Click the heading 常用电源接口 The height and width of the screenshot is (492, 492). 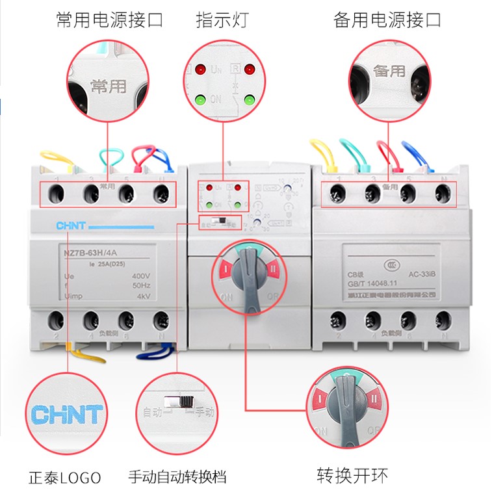109,20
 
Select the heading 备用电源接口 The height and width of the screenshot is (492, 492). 387,20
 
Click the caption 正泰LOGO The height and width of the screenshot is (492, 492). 65,478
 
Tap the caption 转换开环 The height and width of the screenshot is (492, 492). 352,476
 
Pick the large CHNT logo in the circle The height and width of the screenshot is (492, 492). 67,414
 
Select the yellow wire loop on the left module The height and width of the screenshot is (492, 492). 58,159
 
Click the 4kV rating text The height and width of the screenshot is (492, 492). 144,296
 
